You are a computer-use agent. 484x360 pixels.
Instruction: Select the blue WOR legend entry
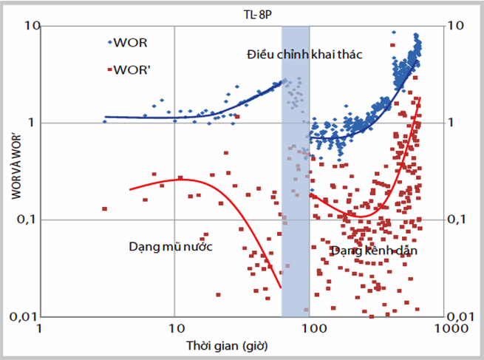coord(128,43)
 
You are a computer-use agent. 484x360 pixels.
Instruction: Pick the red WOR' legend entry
coord(129,70)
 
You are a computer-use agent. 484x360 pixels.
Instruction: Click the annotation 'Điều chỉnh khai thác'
coord(304,55)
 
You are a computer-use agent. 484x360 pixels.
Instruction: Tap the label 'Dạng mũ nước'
coord(171,246)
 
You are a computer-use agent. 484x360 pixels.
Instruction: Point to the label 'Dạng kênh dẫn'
coord(374,251)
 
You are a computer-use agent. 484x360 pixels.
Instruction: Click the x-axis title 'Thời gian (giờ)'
coord(227,345)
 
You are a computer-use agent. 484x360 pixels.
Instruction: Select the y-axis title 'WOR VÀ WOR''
coord(16,167)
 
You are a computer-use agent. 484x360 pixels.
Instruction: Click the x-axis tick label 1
coord(39,328)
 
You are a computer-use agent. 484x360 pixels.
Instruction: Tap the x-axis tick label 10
coord(177,328)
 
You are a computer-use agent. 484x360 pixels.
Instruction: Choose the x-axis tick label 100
coord(314,328)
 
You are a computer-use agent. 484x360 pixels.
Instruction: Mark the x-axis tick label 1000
coord(451,328)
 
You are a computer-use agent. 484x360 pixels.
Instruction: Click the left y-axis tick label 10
coord(33,26)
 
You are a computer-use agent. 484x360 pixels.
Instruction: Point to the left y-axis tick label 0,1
coord(25,220)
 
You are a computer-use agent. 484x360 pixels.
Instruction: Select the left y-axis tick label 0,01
coord(23,316)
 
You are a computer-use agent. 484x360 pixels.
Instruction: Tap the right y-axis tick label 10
coord(456,26)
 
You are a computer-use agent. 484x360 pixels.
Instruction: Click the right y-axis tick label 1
coord(451,123)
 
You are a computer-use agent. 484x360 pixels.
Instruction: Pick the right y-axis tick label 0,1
coord(456,220)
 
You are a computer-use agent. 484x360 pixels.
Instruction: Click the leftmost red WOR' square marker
coord(105,209)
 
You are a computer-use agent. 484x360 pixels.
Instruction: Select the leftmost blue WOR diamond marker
coord(105,121)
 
